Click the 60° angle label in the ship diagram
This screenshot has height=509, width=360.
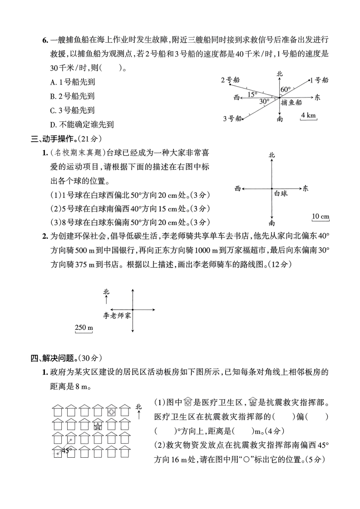pos(285,89)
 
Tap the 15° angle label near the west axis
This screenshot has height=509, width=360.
pos(252,94)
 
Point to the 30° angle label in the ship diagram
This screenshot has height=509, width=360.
pos(264,102)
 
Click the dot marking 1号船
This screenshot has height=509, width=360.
pos(310,81)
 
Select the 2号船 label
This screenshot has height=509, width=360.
pos(229,80)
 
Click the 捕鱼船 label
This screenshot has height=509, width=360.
pos(291,103)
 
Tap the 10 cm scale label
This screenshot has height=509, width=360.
pos(321,216)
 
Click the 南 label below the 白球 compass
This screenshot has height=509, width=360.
pos(271,223)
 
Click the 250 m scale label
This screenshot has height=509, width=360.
pos(84,328)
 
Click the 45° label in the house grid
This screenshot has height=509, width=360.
pos(67,450)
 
